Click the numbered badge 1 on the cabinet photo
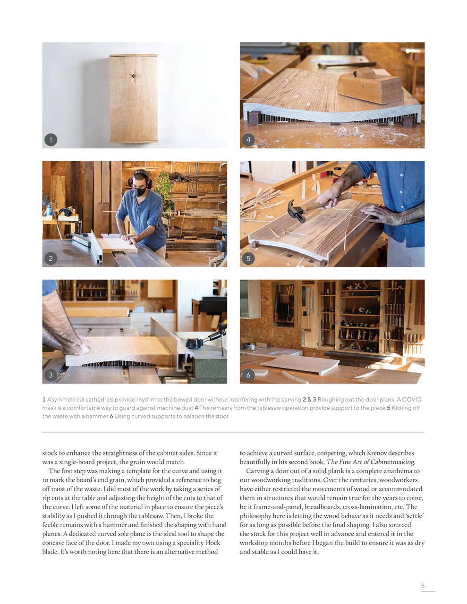(51, 140)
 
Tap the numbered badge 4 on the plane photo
(248, 140)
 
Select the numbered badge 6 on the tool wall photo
(248, 375)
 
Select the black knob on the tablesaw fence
(195, 343)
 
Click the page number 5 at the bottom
(423, 586)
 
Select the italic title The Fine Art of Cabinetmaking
(371, 462)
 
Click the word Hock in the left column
(212, 543)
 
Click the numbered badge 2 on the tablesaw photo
(51, 258)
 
